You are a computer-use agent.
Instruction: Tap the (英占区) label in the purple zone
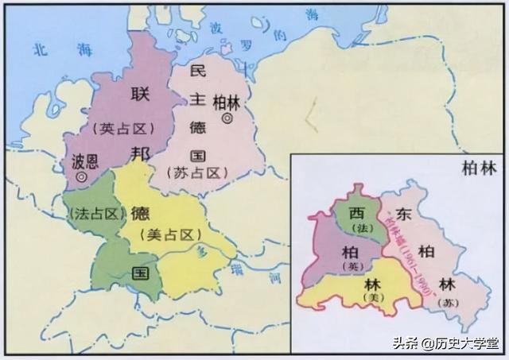[x=124, y=127]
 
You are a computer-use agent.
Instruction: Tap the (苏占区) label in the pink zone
[x=194, y=172]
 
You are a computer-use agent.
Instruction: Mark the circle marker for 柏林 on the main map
[x=227, y=118]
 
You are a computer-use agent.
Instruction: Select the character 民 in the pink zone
[x=198, y=72]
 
